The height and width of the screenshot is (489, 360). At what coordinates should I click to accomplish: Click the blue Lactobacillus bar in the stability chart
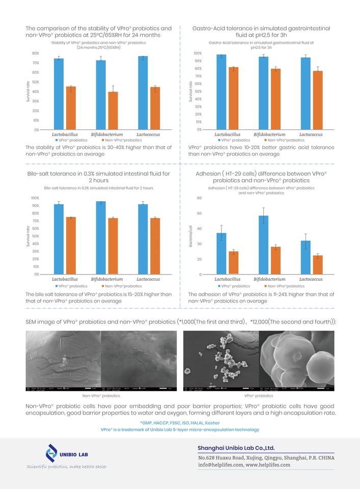point(59,94)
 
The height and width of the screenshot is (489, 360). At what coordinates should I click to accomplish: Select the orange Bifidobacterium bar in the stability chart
point(113,111)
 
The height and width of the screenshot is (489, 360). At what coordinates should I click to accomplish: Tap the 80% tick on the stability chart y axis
point(36,53)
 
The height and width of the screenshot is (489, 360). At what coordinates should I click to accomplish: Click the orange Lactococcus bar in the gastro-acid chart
point(318,100)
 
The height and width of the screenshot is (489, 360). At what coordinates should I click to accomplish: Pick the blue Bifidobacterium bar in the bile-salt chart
point(101,238)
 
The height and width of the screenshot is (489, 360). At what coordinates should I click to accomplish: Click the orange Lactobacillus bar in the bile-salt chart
point(71,246)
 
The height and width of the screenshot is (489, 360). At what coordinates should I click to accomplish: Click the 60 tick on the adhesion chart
point(200,198)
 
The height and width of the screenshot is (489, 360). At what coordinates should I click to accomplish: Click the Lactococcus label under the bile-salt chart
point(149,279)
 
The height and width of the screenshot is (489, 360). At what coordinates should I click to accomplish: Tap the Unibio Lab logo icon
point(51,452)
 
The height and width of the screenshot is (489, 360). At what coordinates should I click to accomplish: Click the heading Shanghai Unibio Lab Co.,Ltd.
point(236,448)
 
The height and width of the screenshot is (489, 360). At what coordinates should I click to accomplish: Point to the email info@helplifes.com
point(219,465)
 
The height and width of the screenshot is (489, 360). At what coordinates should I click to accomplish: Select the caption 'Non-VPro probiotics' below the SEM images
point(101,395)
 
